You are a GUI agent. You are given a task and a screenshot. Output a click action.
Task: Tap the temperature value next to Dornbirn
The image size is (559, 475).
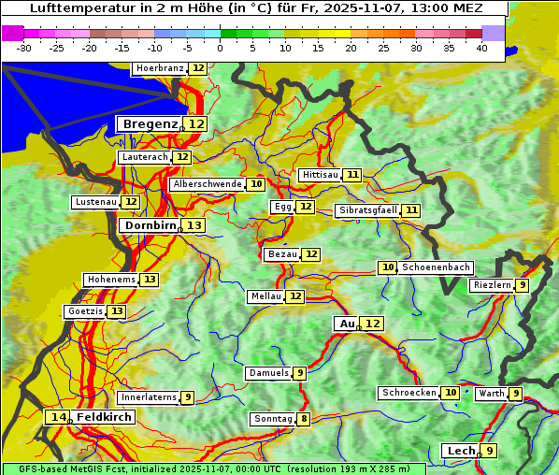point(193,225)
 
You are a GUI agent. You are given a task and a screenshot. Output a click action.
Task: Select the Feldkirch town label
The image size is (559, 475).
point(104,416)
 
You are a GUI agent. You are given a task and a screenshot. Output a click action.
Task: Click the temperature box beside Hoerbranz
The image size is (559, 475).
point(198,68)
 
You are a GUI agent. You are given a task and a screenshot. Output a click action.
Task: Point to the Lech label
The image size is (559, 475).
point(461,451)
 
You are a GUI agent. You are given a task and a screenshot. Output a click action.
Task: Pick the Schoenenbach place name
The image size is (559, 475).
point(436,267)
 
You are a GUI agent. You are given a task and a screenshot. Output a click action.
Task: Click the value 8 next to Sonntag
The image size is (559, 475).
point(304,419)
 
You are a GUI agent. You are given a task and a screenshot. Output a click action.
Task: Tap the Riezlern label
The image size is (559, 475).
point(492,285)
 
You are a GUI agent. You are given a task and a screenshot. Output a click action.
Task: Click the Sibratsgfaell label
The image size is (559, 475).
point(367,210)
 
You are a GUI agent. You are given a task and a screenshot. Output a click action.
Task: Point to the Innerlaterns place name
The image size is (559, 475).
point(149,397)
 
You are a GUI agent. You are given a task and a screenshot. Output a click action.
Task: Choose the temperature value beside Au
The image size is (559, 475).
point(372,324)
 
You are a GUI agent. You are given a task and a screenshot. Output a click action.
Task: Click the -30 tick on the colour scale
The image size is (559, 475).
point(24,48)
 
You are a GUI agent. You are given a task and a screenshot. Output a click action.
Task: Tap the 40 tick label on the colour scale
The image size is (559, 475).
point(481,48)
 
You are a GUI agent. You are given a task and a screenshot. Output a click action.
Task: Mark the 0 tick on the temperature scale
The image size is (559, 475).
point(221,48)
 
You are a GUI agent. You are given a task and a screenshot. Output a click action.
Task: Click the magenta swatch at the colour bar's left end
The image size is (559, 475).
point(13,33)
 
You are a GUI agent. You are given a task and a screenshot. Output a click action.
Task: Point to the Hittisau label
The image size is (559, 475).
point(320,175)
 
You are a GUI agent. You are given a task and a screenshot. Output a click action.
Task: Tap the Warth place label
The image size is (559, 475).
point(491,394)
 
